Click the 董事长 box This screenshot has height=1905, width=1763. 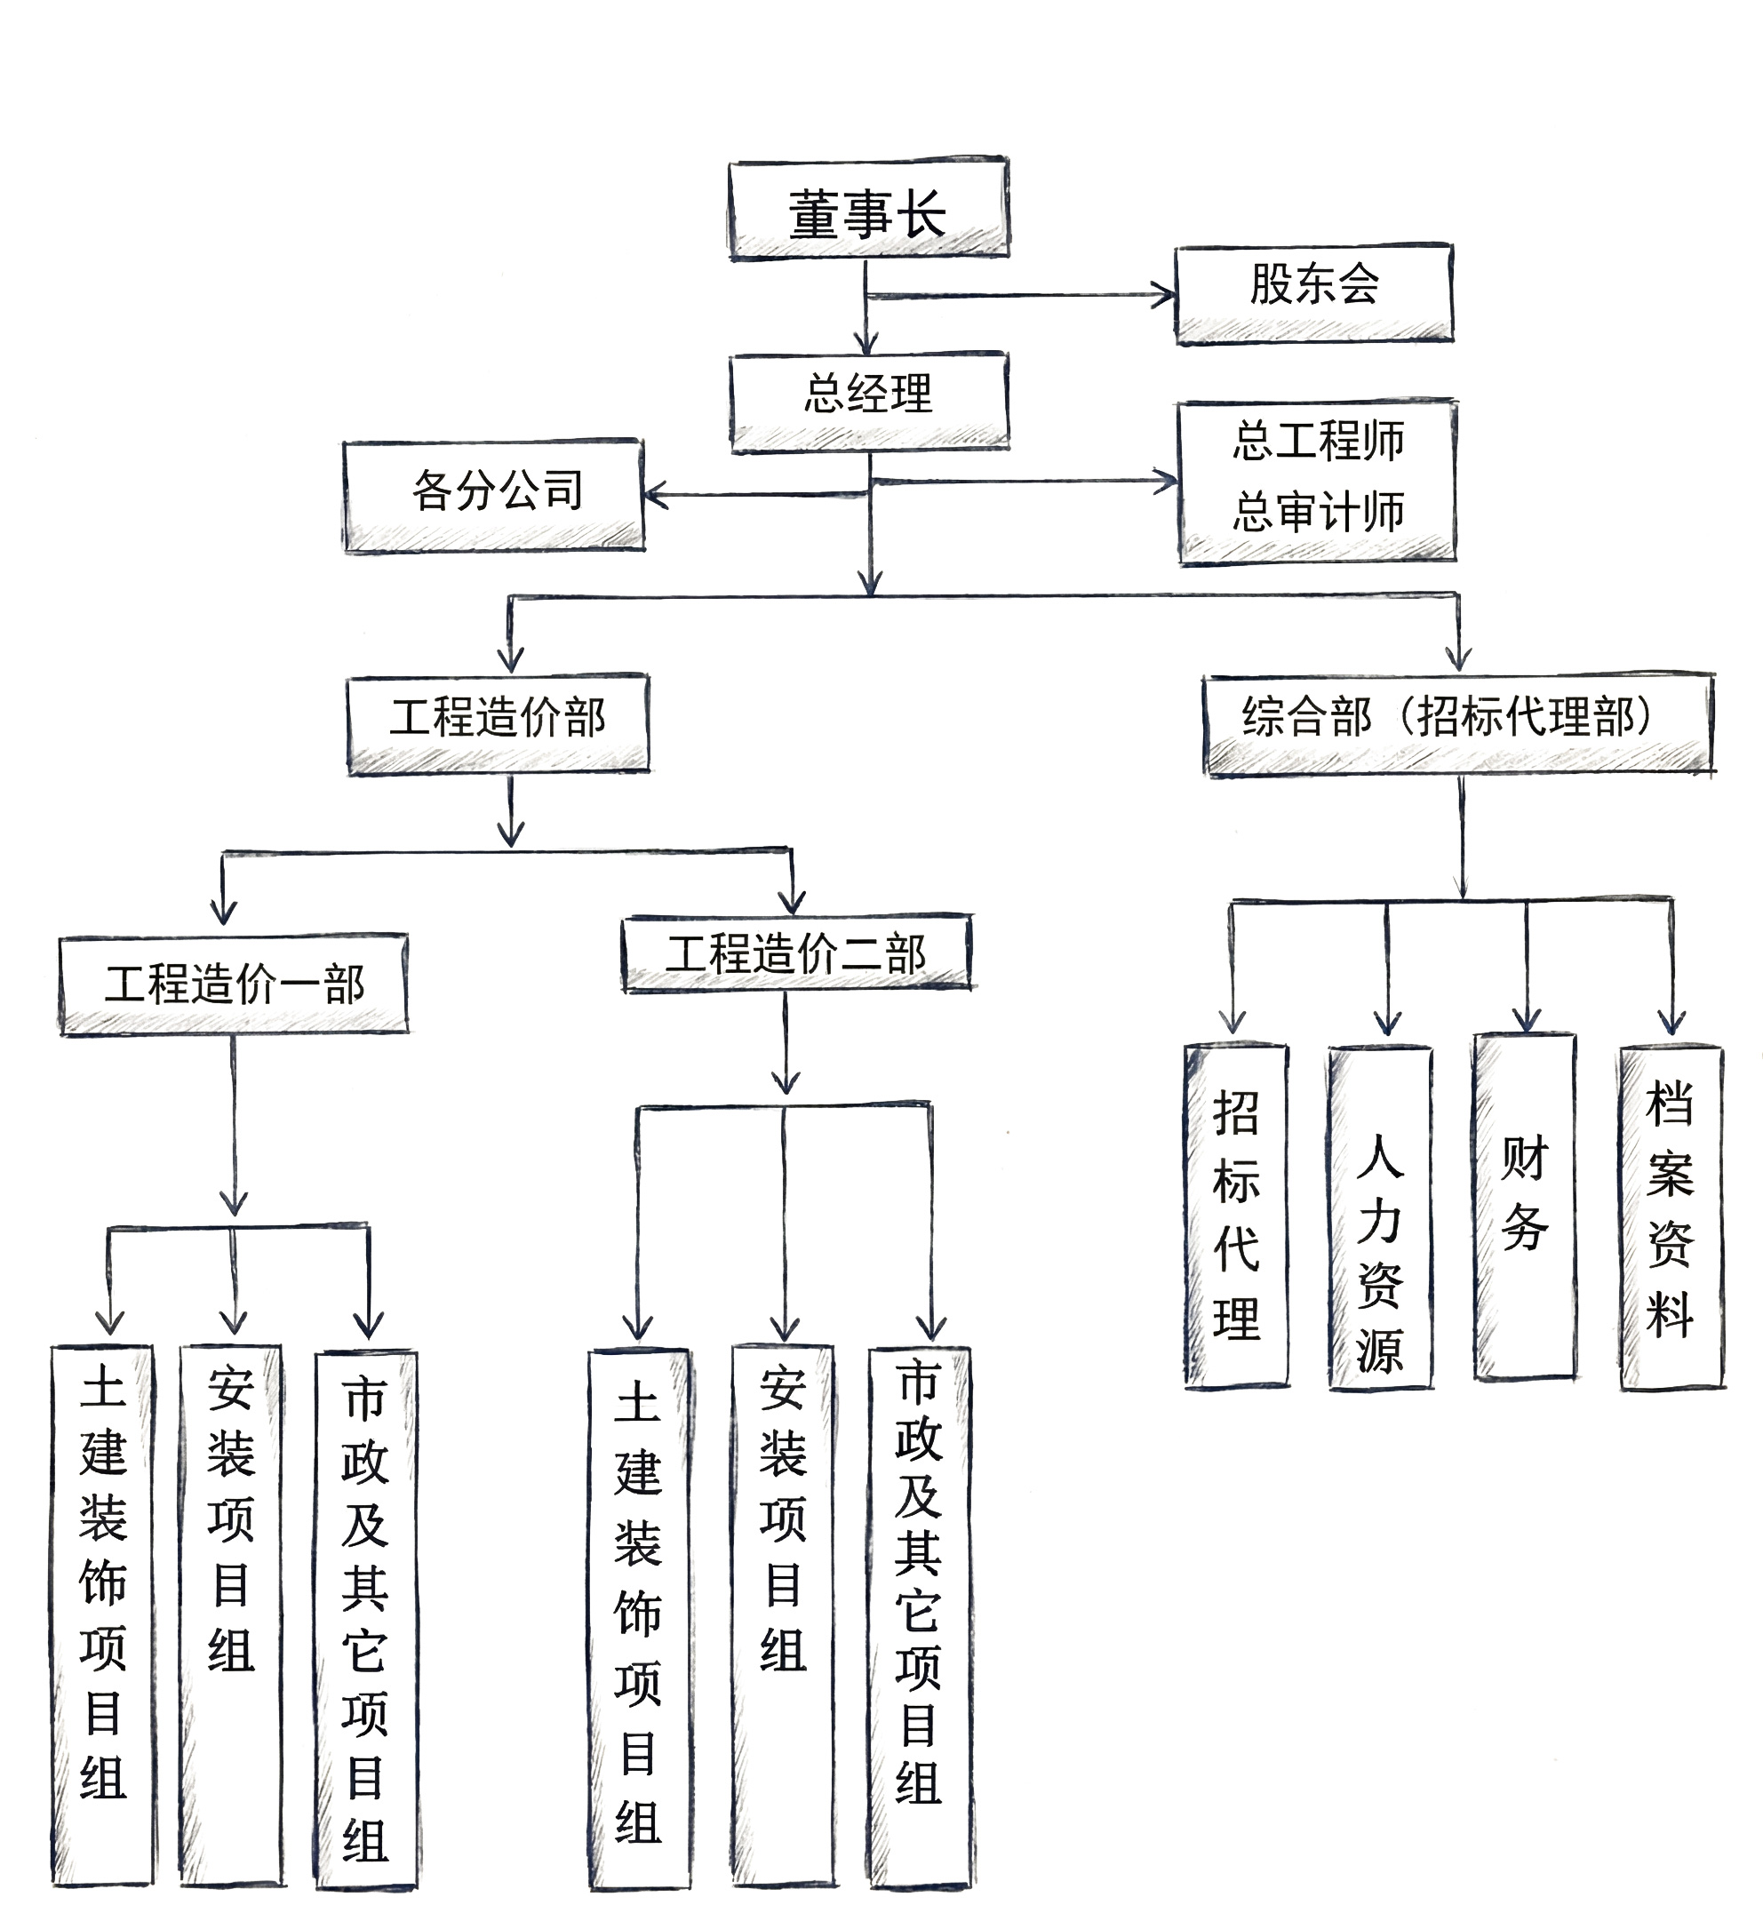click(868, 210)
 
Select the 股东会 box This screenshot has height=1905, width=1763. click(1313, 293)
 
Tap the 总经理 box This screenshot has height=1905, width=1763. click(868, 401)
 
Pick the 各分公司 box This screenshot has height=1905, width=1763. click(493, 494)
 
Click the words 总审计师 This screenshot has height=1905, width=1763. click(1318, 513)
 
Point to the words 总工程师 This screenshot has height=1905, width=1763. click(1318, 441)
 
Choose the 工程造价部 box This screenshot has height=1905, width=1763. click(497, 723)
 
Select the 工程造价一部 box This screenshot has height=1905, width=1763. click(234, 984)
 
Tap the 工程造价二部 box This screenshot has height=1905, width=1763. click(795, 953)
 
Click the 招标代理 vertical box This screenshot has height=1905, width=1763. click(1236, 1216)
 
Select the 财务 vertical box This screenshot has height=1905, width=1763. click(1525, 1206)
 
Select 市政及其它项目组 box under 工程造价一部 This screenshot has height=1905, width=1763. click(366, 1617)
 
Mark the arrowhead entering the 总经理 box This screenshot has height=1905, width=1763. click(866, 343)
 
